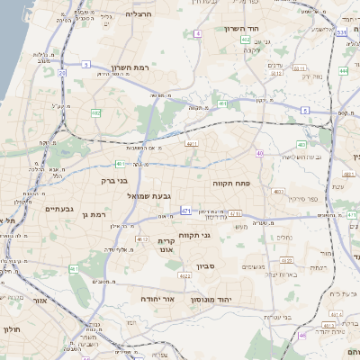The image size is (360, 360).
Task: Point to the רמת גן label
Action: click(92, 214)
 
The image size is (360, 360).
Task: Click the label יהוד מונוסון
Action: click(211, 298)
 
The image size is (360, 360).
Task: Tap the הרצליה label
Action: click(139, 14)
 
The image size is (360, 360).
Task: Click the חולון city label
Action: click(12, 330)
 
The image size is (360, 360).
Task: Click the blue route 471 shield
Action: click(185, 211)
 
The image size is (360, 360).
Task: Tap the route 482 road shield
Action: click(95, 113)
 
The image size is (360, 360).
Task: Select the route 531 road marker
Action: click(341, 32)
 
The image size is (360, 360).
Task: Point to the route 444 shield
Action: click(343, 70)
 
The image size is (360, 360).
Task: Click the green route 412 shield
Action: click(246, 40)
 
